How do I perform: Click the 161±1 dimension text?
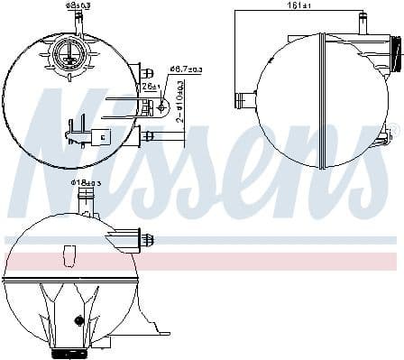(300, 5)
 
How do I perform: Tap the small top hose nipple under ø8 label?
(77, 23)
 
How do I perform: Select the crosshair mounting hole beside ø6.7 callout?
(162, 106)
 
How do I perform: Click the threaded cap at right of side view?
(394, 57)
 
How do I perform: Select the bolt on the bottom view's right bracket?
(146, 240)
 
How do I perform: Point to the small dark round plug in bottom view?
(78, 320)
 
